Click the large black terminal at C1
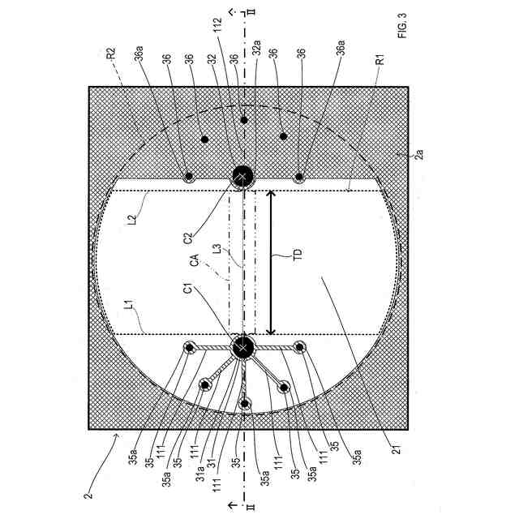[242, 348]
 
